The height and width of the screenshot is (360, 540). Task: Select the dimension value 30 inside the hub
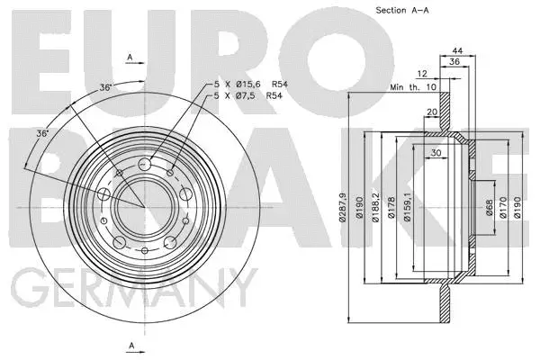pos(436,152)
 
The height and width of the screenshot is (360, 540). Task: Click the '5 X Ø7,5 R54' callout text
pos(247,95)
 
